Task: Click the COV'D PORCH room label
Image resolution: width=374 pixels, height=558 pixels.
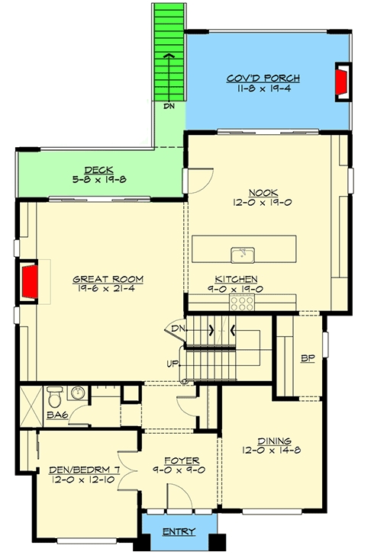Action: [263, 79]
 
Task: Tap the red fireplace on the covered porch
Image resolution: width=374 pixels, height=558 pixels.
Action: [341, 82]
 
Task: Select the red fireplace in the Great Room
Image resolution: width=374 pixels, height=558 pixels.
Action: [30, 281]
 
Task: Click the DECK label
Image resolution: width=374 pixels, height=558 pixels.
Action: [98, 170]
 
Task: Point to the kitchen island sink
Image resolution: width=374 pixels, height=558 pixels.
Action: [243, 255]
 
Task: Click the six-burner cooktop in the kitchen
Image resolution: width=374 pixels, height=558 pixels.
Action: [242, 303]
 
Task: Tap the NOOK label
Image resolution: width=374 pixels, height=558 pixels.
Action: [263, 193]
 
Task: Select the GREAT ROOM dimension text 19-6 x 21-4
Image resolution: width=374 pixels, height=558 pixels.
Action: [106, 289]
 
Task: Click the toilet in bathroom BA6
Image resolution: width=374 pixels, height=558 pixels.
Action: [54, 396]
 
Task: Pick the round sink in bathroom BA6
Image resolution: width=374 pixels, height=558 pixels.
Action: [78, 393]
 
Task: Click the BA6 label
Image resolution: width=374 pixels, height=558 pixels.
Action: [57, 415]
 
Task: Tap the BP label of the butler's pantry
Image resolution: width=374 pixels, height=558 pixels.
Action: [308, 359]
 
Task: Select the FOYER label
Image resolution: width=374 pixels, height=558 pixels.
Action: [182, 461]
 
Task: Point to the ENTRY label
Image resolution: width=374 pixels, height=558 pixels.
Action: [179, 531]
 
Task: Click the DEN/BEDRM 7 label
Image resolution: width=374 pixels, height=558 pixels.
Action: [84, 470]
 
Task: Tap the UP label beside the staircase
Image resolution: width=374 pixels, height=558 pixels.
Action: [172, 364]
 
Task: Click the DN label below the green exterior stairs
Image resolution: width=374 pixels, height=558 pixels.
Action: [169, 106]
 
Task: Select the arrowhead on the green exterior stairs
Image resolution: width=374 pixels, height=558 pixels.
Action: [169, 55]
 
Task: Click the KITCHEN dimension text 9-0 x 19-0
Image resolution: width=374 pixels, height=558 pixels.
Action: [235, 289]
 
